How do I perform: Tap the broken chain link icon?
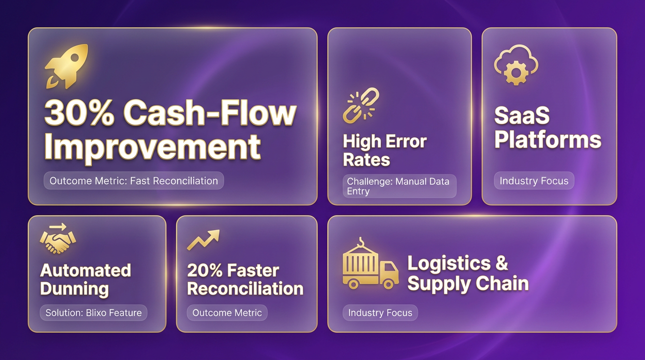(x=361, y=105)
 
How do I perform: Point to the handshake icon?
(x=58, y=239)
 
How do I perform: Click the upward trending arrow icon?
(x=203, y=240)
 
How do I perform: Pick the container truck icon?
(x=371, y=263)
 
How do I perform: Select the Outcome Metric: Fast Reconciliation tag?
(x=134, y=181)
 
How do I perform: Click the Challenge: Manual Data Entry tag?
(x=399, y=186)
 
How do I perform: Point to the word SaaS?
(x=522, y=115)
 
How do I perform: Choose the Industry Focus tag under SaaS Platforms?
(x=534, y=181)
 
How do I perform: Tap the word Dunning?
(x=74, y=289)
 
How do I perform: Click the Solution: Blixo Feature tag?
(x=94, y=313)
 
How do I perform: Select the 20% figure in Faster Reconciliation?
(x=204, y=270)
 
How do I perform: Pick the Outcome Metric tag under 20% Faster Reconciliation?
(x=227, y=313)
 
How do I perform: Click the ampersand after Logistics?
(x=501, y=263)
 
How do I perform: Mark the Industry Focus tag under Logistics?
(x=380, y=313)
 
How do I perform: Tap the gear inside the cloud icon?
(x=516, y=73)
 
